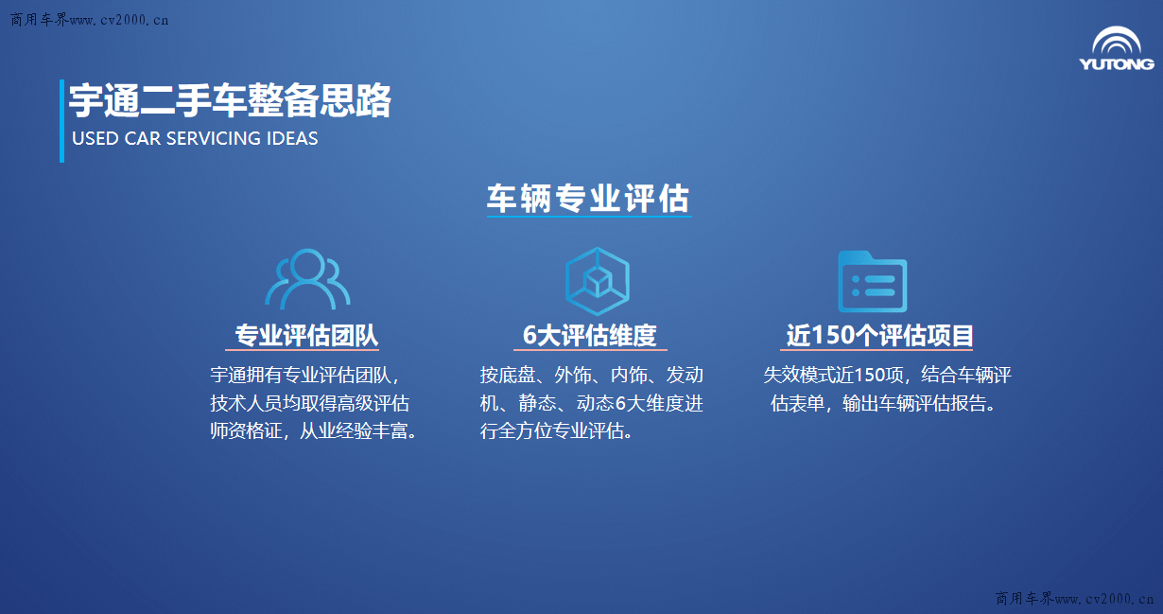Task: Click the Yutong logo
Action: tap(1117, 48)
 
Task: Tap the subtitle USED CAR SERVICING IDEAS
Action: tap(195, 138)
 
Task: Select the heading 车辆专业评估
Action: tap(588, 200)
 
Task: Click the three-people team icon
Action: tap(307, 279)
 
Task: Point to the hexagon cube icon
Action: tap(598, 281)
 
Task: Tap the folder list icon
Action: tap(872, 281)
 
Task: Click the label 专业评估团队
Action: tap(306, 336)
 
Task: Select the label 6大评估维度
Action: tap(590, 336)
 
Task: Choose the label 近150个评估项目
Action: tap(879, 336)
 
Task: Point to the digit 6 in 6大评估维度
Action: tap(529, 336)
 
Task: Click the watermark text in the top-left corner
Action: tap(90, 20)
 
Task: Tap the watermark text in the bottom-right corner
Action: tap(1074, 598)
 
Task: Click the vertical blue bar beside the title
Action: tap(61, 120)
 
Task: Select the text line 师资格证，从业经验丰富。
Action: tap(314, 431)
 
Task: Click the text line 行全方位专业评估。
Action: tap(557, 431)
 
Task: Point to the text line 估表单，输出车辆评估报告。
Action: tap(886, 404)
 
